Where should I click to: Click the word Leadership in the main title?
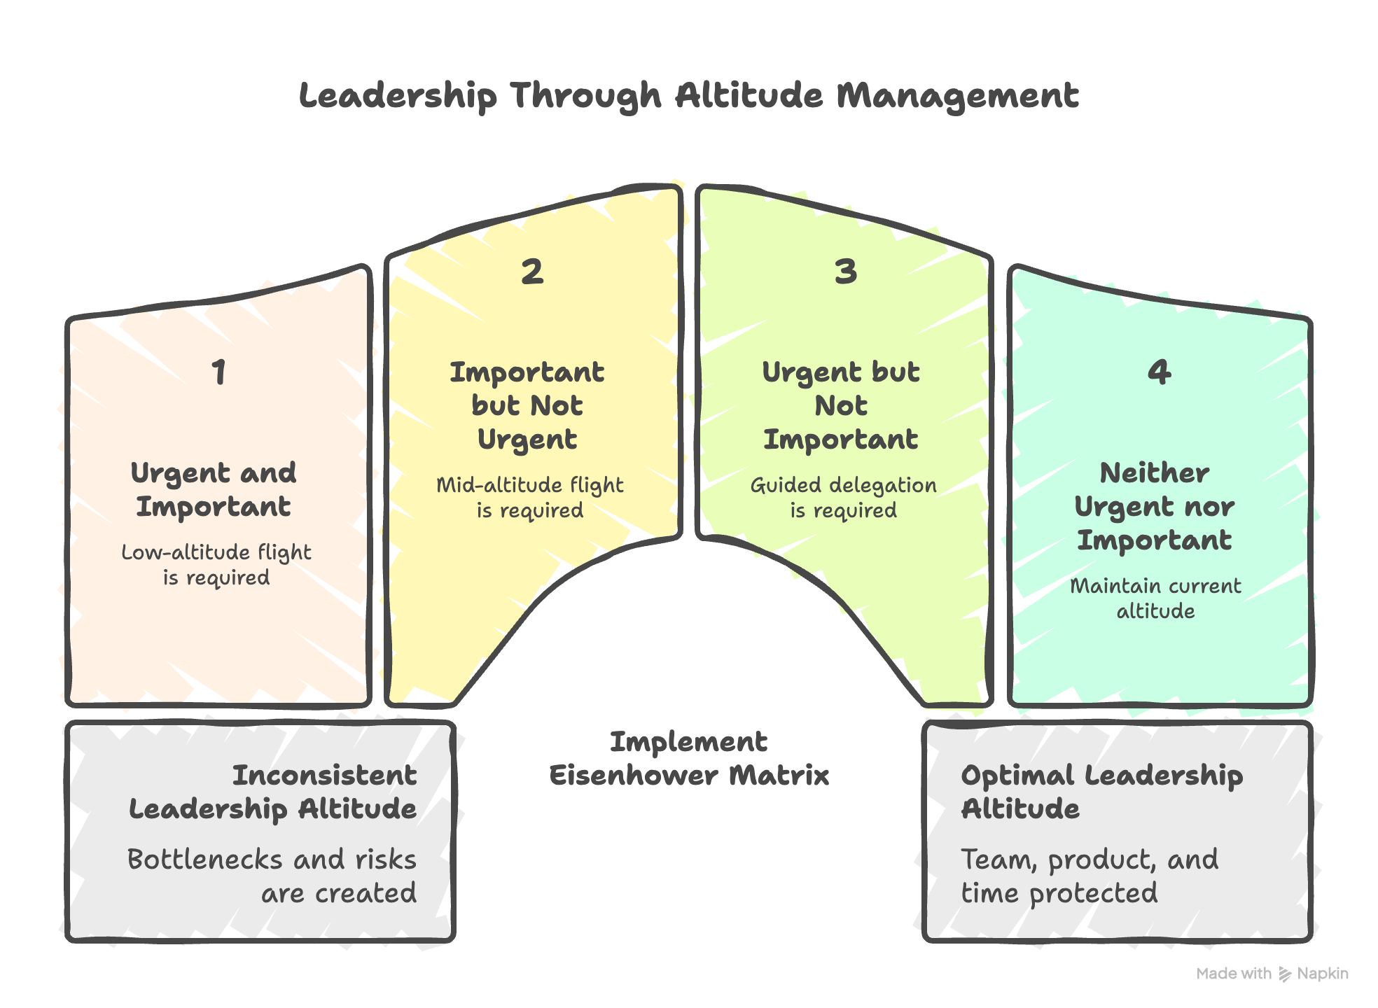398,96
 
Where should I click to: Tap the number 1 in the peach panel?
219,372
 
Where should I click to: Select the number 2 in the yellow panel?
532,272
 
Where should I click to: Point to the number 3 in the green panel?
846,272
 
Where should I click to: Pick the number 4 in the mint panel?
1159,372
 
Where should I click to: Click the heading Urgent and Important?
214,489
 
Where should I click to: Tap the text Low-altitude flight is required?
216,564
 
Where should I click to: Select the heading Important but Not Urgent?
527,406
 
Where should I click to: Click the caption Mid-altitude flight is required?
530,497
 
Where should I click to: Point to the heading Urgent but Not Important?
841,406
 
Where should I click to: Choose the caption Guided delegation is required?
844,497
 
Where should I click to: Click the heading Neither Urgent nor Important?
1155,506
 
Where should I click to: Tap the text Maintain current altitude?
1155,598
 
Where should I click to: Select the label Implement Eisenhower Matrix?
689,758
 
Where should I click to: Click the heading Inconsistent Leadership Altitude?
273,792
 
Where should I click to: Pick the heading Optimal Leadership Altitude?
1101,792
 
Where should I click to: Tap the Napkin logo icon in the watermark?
1285,974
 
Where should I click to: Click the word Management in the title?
957,96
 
